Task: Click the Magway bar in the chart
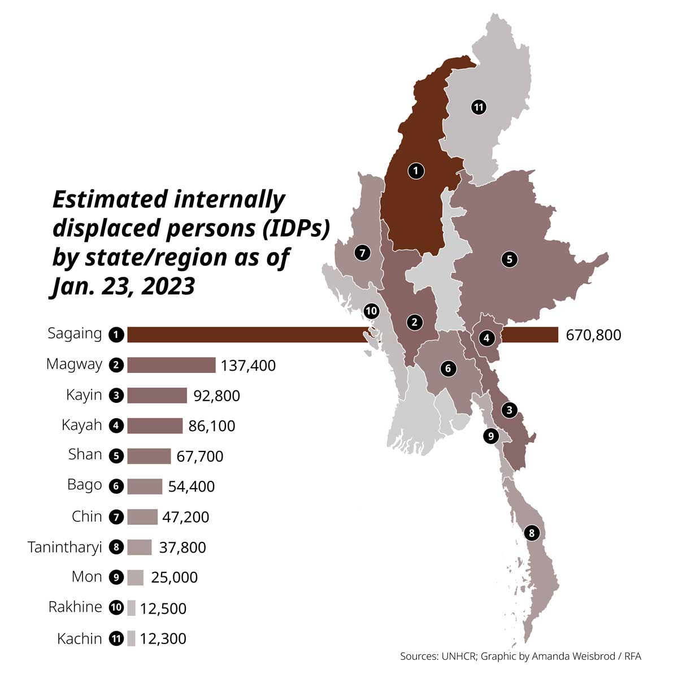tap(171, 365)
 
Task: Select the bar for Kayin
tap(157, 395)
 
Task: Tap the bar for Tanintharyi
tap(139, 547)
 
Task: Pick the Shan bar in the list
tap(149, 456)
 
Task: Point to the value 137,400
tap(248, 366)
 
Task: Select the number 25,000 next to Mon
tap(174, 577)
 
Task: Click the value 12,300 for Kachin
tap(163, 638)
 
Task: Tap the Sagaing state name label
tap(75, 333)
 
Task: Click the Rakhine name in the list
tap(75, 607)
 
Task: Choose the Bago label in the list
tap(84, 485)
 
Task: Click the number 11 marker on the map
tap(479, 107)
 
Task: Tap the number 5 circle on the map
tap(509, 259)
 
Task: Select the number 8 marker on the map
tap(531, 532)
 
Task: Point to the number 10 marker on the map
tap(371, 310)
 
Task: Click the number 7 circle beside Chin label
tap(116, 517)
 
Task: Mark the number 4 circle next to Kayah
tap(116, 426)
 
